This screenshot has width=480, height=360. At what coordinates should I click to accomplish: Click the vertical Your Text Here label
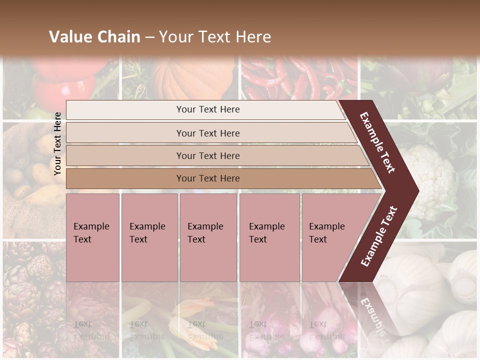[x=57, y=143]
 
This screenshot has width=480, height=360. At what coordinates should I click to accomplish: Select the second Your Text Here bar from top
[x=207, y=133]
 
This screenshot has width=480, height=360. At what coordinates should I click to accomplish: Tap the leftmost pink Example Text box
[x=92, y=237]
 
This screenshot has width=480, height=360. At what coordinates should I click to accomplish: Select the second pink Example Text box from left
[x=149, y=237]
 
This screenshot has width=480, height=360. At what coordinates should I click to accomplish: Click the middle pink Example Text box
[x=208, y=237]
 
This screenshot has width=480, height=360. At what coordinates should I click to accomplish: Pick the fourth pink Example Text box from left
[x=269, y=237]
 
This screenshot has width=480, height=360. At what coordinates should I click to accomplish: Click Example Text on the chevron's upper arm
[x=378, y=143]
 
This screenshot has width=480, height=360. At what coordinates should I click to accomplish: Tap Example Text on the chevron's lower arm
[x=379, y=236]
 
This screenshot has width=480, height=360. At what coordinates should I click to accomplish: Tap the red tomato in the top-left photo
[x=65, y=80]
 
